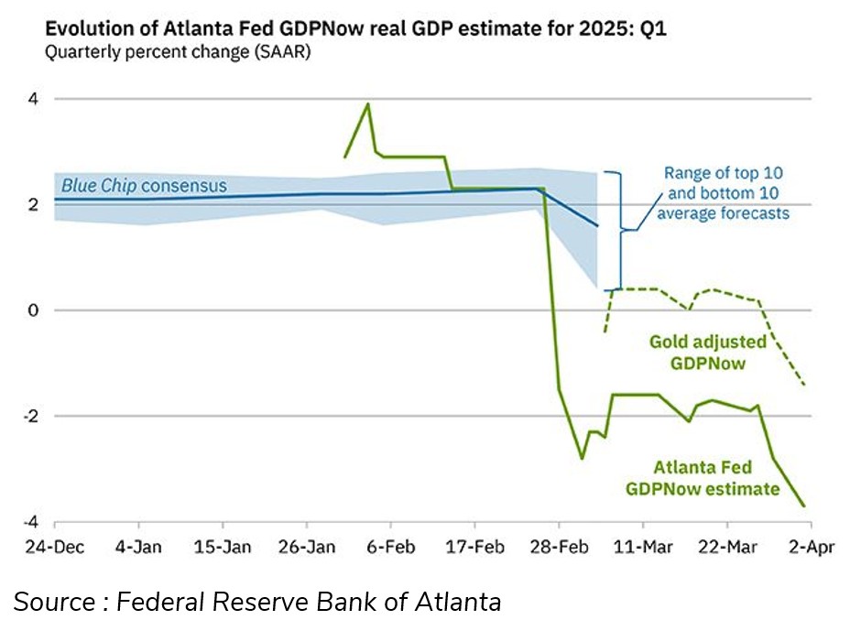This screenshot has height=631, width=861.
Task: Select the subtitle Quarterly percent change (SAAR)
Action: pyautogui.click(x=178, y=52)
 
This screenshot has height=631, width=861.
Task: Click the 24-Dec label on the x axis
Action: pyautogui.click(x=54, y=548)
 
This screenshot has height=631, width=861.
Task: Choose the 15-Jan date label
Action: pyautogui.click(x=223, y=548)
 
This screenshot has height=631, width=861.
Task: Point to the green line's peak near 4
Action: pyautogui.click(x=368, y=103)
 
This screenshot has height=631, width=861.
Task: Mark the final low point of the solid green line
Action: pyautogui.click(x=804, y=506)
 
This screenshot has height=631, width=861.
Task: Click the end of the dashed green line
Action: pyautogui.click(x=804, y=385)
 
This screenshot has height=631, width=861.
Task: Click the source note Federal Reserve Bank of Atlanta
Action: pyautogui.click(x=257, y=602)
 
